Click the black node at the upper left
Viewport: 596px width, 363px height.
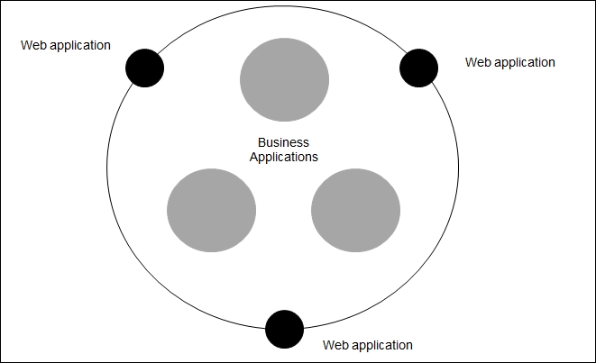pos(145,68)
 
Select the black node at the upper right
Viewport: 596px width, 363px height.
pos(419,68)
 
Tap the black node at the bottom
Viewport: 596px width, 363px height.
pos(284,329)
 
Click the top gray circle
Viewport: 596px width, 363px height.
pos(284,80)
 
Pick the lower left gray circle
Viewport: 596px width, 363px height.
pos(211,211)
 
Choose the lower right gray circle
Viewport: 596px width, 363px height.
pos(356,211)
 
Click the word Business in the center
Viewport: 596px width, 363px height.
pos(283,142)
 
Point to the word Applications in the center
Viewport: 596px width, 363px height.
pos(283,158)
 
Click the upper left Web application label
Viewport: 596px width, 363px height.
pos(66,46)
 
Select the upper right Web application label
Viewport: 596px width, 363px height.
pos(510,63)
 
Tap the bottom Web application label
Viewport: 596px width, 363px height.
pos(368,346)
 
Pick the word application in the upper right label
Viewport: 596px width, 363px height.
pos(525,63)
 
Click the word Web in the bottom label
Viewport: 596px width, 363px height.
pos(335,345)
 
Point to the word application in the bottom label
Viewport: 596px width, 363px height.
pos(382,346)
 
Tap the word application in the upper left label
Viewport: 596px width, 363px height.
pos(80,46)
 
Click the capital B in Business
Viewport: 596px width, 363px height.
pos(261,142)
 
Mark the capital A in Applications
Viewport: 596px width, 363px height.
pos(254,157)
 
